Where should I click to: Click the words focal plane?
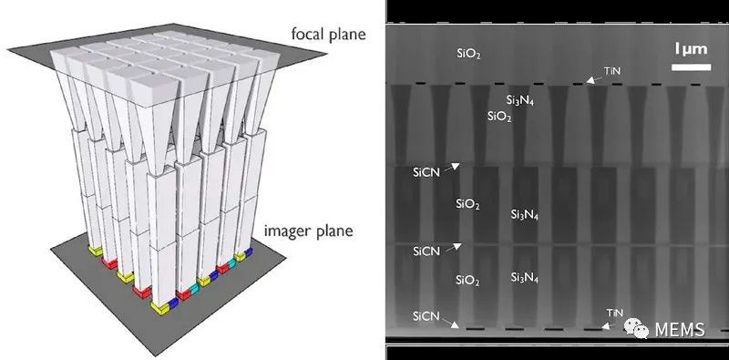(x=329, y=35)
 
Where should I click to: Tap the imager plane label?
(x=309, y=231)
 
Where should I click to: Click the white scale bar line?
(x=692, y=67)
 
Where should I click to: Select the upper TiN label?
(x=611, y=71)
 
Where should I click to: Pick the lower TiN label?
(x=614, y=313)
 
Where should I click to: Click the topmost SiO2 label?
(x=468, y=55)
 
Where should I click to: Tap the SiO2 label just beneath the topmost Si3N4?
(x=499, y=117)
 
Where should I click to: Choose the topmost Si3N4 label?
(x=519, y=100)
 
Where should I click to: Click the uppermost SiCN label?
(x=426, y=172)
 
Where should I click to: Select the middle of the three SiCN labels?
(x=426, y=252)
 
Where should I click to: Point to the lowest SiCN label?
(x=426, y=317)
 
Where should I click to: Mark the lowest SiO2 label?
(x=467, y=281)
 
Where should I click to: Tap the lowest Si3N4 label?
(x=525, y=279)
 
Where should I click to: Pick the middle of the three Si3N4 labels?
(x=525, y=215)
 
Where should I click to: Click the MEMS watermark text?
(x=680, y=330)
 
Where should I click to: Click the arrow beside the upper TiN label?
(x=594, y=79)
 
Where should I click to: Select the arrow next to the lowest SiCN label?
(x=449, y=322)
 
